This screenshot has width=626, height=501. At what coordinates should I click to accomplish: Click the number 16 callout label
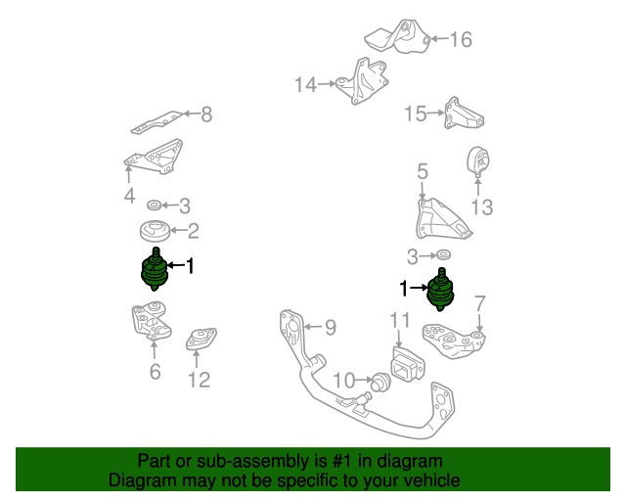click(461, 39)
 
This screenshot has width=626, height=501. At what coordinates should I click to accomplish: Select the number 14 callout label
click(306, 85)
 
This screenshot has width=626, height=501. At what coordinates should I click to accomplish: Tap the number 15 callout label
click(416, 114)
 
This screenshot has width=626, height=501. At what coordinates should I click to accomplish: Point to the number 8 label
click(206, 114)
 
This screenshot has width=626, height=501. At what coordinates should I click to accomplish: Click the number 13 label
click(482, 207)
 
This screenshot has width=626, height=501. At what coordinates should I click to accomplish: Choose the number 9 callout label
click(331, 327)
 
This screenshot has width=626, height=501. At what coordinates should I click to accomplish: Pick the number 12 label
click(199, 380)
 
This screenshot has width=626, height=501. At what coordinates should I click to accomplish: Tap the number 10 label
click(344, 381)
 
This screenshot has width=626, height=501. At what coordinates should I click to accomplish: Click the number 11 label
click(400, 320)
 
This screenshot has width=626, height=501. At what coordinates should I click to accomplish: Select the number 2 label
click(194, 231)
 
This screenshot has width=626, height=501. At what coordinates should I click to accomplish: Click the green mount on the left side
click(155, 269)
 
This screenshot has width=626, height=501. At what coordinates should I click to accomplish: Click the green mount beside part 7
click(440, 290)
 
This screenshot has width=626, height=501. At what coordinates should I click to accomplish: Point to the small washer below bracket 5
click(443, 254)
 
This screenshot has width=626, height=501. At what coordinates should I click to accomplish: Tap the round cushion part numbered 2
click(155, 231)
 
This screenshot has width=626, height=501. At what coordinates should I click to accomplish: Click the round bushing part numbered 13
click(478, 161)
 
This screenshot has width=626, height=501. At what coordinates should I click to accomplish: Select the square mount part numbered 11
click(407, 364)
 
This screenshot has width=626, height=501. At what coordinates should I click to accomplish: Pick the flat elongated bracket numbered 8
click(156, 122)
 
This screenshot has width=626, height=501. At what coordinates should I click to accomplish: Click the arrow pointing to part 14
click(327, 84)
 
